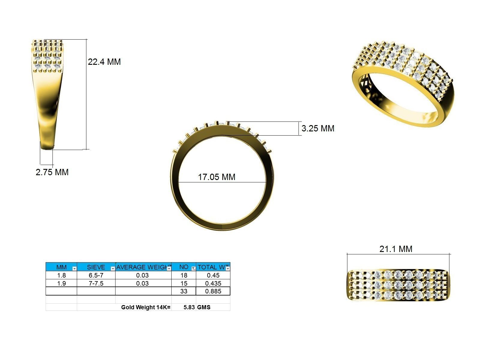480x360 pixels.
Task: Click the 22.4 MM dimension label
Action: tap(104, 62)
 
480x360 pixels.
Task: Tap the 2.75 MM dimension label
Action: tap(52, 172)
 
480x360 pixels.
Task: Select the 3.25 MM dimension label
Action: tap(318, 128)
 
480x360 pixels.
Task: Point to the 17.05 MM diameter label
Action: tap(217, 177)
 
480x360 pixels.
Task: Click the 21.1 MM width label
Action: tap(396, 249)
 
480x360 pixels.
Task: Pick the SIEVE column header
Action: tap(96, 267)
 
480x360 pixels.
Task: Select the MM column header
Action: tap(61, 267)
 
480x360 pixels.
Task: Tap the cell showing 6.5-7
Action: tap(96, 275)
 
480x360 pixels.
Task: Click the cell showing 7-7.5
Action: tap(96, 283)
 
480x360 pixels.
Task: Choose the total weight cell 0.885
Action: tap(213, 291)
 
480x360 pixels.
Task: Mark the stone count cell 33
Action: tap(184, 291)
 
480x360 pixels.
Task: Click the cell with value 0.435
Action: tap(213, 283)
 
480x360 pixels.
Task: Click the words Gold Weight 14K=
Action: tap(145, 307)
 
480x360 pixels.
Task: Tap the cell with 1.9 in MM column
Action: tap(61, 283)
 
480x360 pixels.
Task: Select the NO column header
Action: tap(184, 267)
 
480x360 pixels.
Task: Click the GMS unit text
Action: tap(204, 307)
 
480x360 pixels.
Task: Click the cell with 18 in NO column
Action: tap(184, 275)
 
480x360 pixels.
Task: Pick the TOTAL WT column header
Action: tap(211, 267)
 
